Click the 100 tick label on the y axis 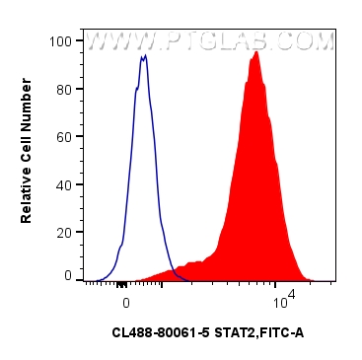(x=62, y=41)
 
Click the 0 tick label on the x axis (x=125, y=297)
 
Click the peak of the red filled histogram (x=255, y=53)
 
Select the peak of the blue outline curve (x=144, y=57)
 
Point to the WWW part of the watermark (x=116, y=41)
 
